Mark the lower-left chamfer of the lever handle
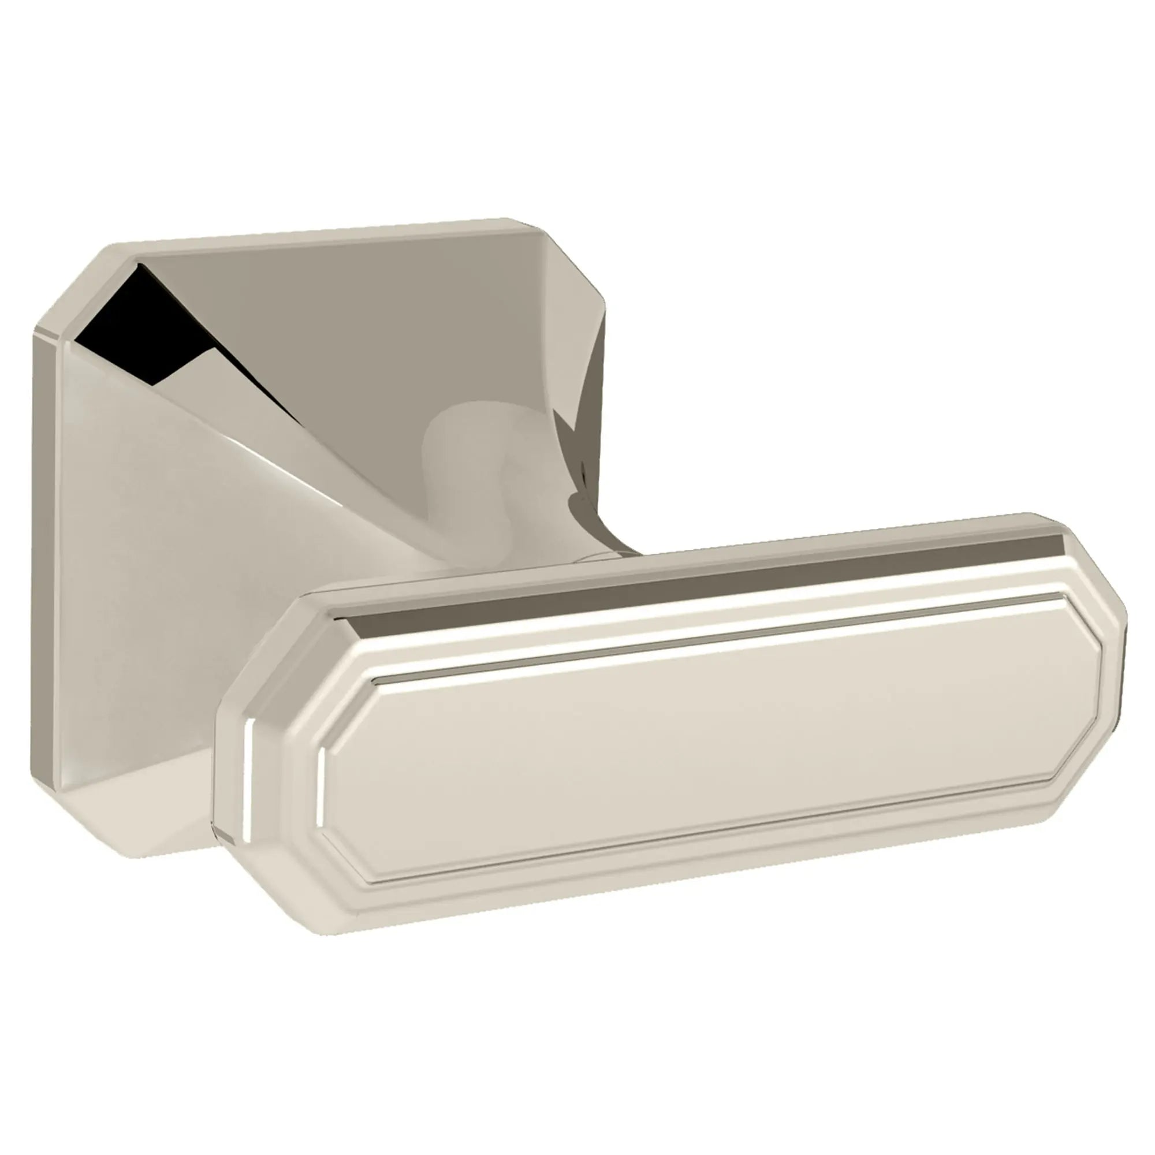[287, 897]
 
